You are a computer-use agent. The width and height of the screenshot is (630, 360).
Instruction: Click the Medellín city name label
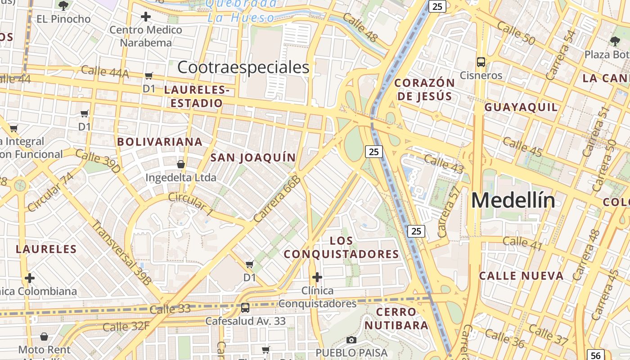pos(513,200)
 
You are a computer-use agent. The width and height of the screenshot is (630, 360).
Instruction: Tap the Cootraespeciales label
pos(243,67)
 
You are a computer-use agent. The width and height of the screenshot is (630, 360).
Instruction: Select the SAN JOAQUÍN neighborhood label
pos(253,157)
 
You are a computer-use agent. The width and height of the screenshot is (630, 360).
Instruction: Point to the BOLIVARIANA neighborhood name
pos(160,142)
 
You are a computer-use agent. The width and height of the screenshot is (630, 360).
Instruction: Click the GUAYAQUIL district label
pos(521,107)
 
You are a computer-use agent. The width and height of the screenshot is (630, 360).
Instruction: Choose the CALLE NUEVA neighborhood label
pos(521,276)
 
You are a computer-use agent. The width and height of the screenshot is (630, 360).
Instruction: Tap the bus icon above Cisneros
pos(481,62)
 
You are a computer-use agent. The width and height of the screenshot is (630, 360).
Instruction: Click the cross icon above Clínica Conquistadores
pos(317,277)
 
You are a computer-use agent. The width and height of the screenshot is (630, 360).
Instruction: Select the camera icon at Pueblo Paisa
pos(351,340)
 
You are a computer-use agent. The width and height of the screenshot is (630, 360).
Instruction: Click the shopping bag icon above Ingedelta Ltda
pos(180,164)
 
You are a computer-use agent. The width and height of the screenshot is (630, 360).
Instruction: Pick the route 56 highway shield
pos(596,355)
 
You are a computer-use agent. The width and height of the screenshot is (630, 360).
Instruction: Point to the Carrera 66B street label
pos(276,199)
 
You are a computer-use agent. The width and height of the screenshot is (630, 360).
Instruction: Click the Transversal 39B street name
pos(121,252)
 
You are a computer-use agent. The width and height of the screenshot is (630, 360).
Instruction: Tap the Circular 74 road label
pos(50,192)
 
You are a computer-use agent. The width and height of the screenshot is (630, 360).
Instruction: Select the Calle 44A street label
pos(105,72)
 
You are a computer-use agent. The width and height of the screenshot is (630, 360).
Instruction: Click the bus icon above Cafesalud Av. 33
pos(245,308)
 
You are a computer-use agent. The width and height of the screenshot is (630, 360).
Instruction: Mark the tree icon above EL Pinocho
pos(63,5)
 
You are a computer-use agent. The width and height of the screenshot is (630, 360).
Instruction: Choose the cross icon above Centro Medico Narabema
pos(145,17)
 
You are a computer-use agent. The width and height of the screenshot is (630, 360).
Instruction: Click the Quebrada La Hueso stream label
pos(241,10)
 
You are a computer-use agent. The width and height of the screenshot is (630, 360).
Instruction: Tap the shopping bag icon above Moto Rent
pos(44,336)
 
